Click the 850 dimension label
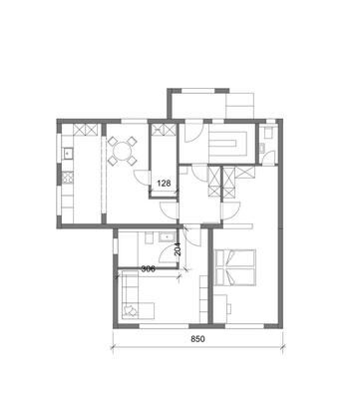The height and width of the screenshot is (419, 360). [197, 339]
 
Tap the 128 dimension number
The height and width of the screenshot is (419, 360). [164, 183]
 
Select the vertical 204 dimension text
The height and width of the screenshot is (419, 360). [178, 248]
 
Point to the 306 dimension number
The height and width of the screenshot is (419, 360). [147, 269]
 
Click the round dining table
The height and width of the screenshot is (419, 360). [122, 152]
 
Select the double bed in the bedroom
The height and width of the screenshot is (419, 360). [235, 267]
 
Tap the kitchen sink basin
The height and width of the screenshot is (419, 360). [68, 153]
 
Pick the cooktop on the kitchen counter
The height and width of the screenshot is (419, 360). [68, 178]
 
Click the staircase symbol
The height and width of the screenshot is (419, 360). [228, 144]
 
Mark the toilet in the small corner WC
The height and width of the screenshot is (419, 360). [267, 134]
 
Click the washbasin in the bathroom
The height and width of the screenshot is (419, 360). [167, 237]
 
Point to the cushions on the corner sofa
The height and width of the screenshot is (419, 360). [131, 309]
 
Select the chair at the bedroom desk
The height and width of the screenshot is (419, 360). [228, 308]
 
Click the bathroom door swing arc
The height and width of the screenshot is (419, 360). [168, 255]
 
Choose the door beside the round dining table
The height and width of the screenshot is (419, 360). [142, 178]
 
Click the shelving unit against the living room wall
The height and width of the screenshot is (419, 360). [203, 298]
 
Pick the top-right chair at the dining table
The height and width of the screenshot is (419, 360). [133, 142]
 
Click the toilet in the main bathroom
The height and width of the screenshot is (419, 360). [149, 238]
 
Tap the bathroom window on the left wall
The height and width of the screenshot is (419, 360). [116, 246]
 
